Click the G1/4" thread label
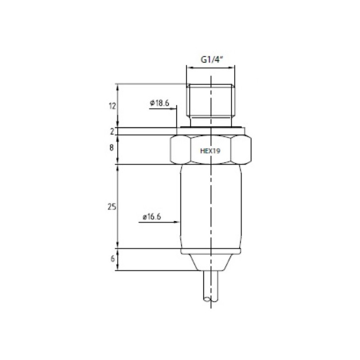tap(212, 60)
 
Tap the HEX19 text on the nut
tap(210, 151)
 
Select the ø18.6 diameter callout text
tap(160, 103)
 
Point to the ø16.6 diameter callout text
tap(152, 216)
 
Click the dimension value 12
tap(112, 106)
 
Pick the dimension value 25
tap(112, 207)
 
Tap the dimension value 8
tap(112, 148)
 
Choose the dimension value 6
tap(112, 259)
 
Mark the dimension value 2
tap(112, 131)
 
